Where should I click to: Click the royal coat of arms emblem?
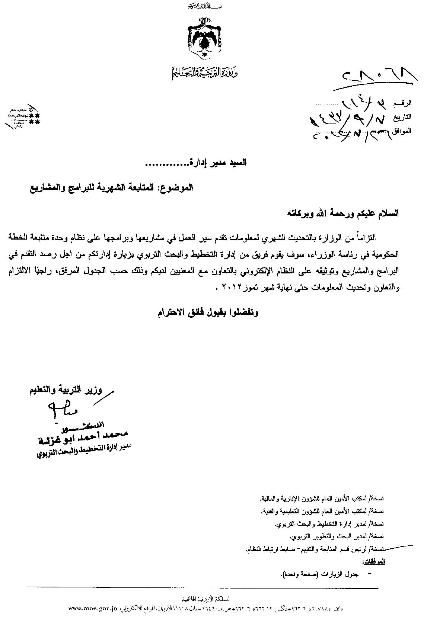(x=204, y=40)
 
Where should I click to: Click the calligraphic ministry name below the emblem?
(x=205, y=73)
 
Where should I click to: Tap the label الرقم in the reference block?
(x=404, y=102)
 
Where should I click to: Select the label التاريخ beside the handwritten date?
(x=402, y=116)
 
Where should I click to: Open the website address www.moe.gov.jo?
(x=93, y=609)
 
